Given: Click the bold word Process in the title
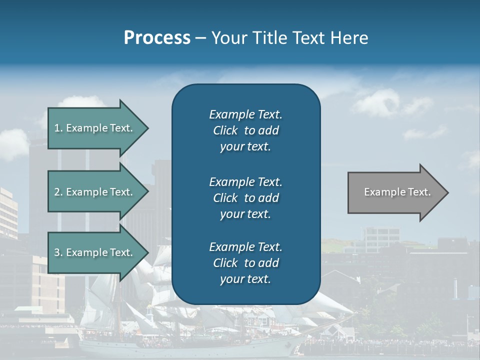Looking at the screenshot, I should pyautogui.click(x=157, y=38).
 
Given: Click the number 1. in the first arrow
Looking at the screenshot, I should pyautogui.click(x=58, y=128).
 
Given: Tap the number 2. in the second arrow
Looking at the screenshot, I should pyautogui.click(x=58, y=192).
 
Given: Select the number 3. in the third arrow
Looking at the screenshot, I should pyautogui.click(x=58, y=252).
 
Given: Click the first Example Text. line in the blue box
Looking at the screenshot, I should pyautogui.click(x=245, y=114).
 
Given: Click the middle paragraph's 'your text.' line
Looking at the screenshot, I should pyautogui.click(x=245, y=214).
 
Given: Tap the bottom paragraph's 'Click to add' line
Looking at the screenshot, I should pyautogui.click(x=245, y=263).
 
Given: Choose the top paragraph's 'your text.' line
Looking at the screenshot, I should pyautogui.click(x=245, y=147).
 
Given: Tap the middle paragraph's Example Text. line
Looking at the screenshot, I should pyautogui.click(x=245, y=181).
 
